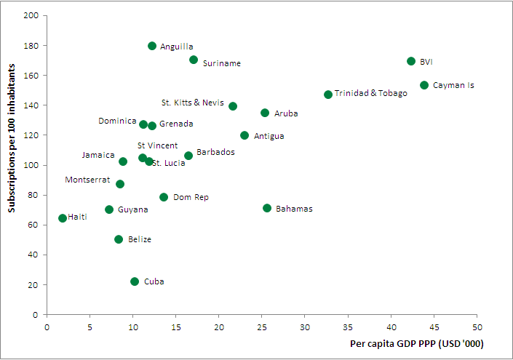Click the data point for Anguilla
(152, 46)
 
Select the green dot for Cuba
(135, 281)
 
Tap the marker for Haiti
(63, 218)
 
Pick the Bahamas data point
(267, 208)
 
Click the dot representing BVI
(411, 62)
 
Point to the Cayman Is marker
(424, 85)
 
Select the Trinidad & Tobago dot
(328, 95)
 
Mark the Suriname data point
(194, 60)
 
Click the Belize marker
(119, 239)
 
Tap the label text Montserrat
(87, 180)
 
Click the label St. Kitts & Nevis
(193, 103)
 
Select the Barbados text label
(215, 152)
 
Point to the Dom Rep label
(191, 197)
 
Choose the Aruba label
(286, 113)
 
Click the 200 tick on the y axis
(31, 16)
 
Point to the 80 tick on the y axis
(33, 196)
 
